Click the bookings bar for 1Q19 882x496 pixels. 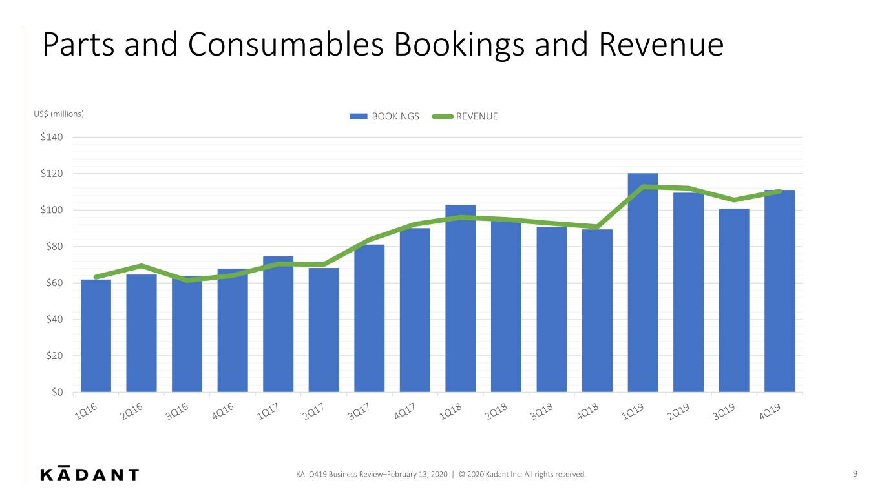click(642, 283)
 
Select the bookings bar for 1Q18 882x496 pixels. click(460, 298)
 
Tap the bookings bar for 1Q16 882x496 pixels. click(96, 336)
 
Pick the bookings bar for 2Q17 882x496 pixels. click(324, 330)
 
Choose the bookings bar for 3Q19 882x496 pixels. click(734, 300)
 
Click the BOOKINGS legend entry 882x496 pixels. click(384, 116)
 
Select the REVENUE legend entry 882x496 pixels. click(465, 116)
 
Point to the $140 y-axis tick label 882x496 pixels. click(52, 138)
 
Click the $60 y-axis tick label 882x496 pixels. click(54, 283)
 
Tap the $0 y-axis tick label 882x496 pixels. click(57, 393)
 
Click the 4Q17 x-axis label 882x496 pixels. click(404, 411)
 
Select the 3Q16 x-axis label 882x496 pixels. click(177, 411)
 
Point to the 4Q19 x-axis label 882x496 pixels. click(770, 411)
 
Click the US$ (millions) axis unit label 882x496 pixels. click(59, 114)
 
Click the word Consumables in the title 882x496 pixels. click(286, 45)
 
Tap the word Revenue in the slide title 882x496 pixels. click(661, 45)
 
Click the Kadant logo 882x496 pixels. click(89, 473)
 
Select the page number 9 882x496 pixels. click(855, 474)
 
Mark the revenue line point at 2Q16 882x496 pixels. click(142, 266)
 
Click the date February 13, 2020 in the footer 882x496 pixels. click(417, 474)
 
